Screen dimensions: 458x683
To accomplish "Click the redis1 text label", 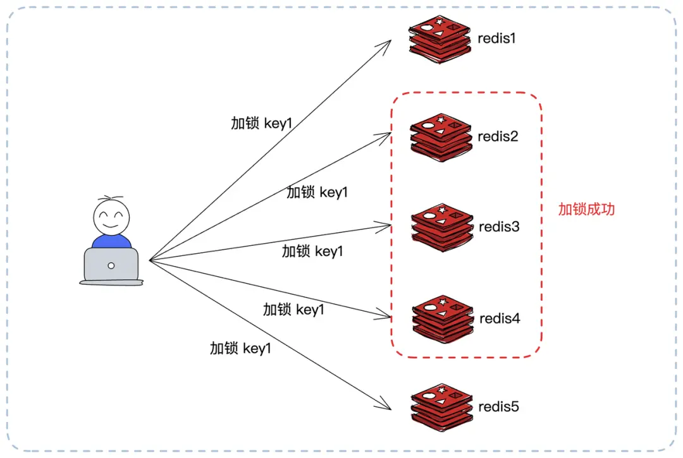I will [x=496, y=38].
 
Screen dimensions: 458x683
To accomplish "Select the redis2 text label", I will [x=498, y=136].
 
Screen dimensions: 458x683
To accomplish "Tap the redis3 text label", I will [x=499, y=226].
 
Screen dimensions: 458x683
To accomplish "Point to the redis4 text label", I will [x=500, y=318].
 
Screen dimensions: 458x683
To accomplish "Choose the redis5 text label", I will [x=498, y=406].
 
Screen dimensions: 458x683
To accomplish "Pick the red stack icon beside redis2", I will [x=441, y=135].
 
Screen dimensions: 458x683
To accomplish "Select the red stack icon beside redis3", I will [x=442, y=226].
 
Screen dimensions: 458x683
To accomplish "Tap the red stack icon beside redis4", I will [x=443, y=317].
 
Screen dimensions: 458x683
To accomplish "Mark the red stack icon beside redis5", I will [x=442, y=406].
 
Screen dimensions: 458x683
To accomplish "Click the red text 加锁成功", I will [x=586, y=209].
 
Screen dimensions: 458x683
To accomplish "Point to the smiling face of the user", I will [x=111, y=217].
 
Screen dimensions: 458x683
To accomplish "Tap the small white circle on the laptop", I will [x=111, y=265].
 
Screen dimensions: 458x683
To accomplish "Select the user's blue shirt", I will [x=111, y=241].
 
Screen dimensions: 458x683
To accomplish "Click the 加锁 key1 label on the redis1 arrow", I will [x=262, y=123].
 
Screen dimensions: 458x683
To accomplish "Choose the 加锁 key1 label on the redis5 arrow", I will [x=240, y=347].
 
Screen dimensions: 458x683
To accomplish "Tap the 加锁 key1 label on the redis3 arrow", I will [x=312, y=251].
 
